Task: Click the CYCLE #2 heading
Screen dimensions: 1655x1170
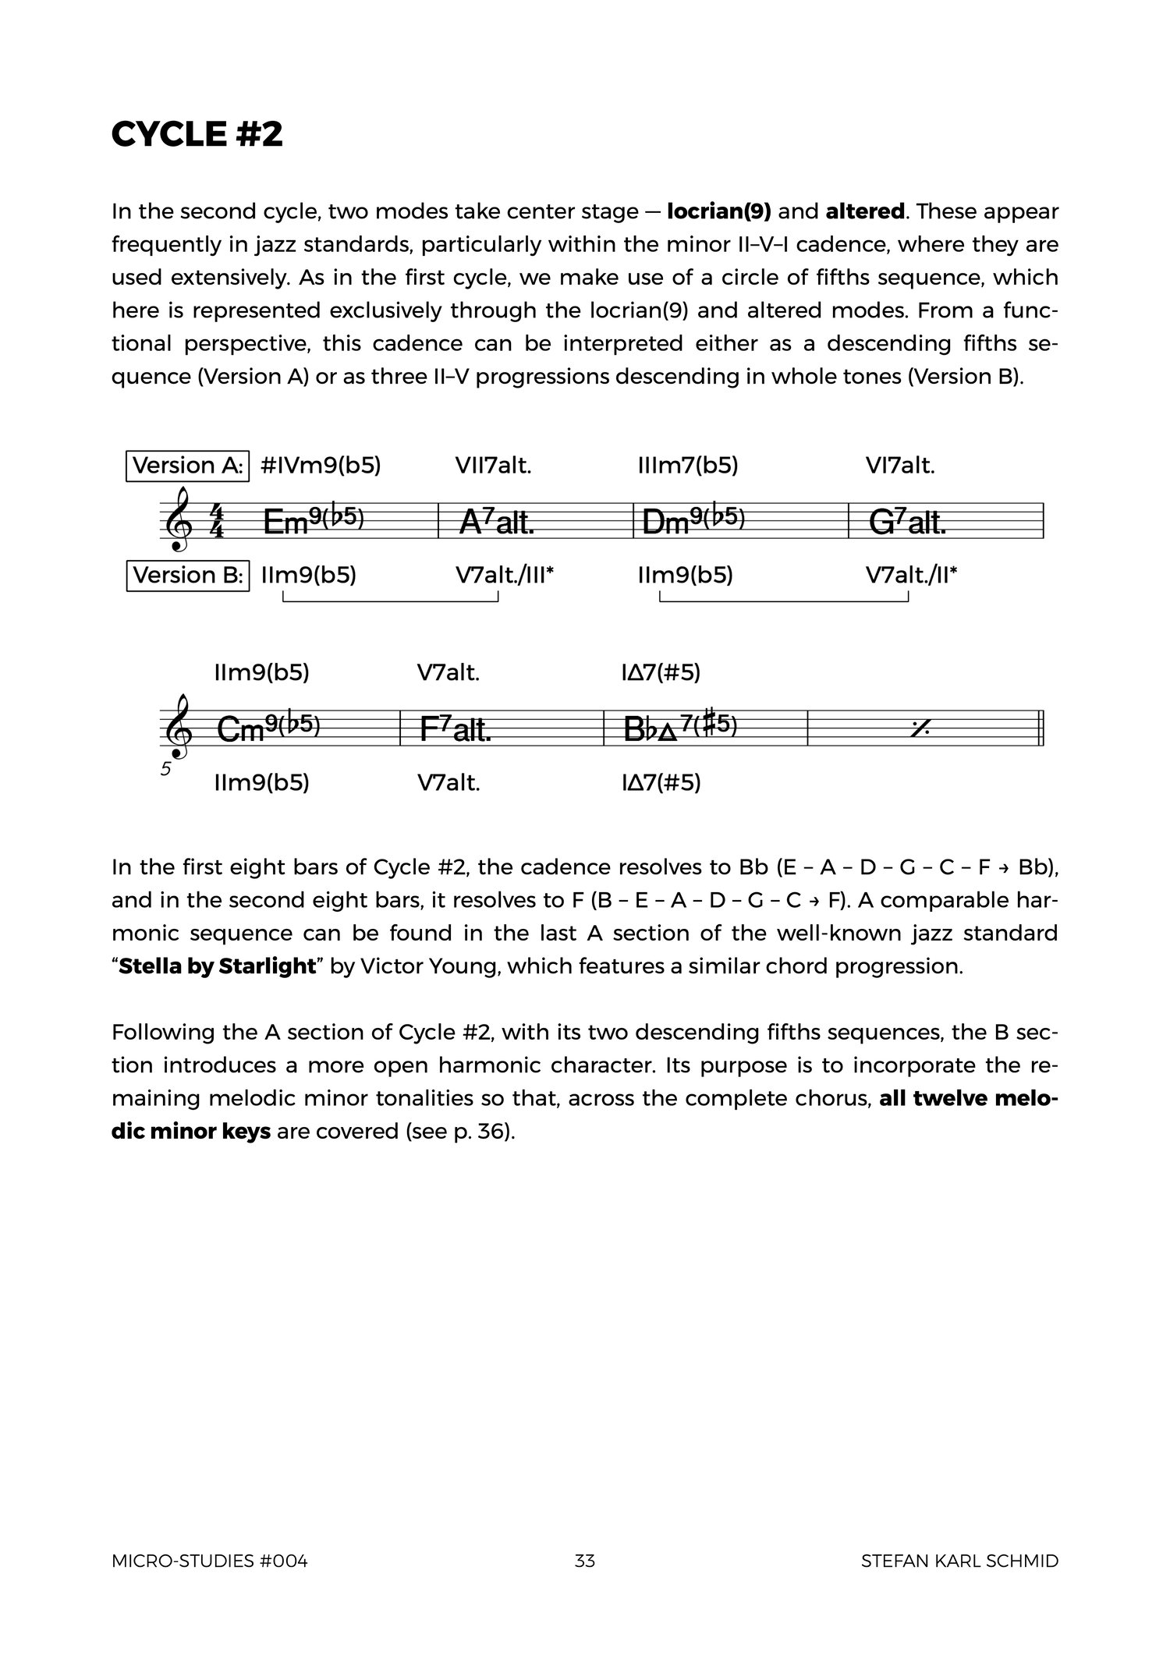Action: (x=197, y=134)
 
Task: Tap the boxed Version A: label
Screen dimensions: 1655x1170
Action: (x=188, y=466)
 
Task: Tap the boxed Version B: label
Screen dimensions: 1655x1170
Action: (x=188, y=576)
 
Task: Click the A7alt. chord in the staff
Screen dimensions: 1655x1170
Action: (x=497, y=522)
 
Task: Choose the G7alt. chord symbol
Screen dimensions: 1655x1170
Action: (x=907, y=522)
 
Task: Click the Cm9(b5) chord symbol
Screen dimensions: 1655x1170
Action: (x=268, y=728)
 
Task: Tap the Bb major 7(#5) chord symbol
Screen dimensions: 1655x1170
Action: (x=680, y=728)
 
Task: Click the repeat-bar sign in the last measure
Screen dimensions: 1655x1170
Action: (x=920, y=728)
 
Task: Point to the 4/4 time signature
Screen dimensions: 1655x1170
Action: (x=218, y=521)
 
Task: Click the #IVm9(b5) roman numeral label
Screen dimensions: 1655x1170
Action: (x=321, y=466)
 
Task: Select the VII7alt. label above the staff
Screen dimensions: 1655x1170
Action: (x=493, y=466)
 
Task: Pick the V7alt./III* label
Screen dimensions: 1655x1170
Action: (x=505, y=576)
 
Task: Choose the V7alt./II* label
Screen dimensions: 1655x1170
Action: (x=911, y=576)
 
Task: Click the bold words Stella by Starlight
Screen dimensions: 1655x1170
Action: (x=217, y=966)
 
